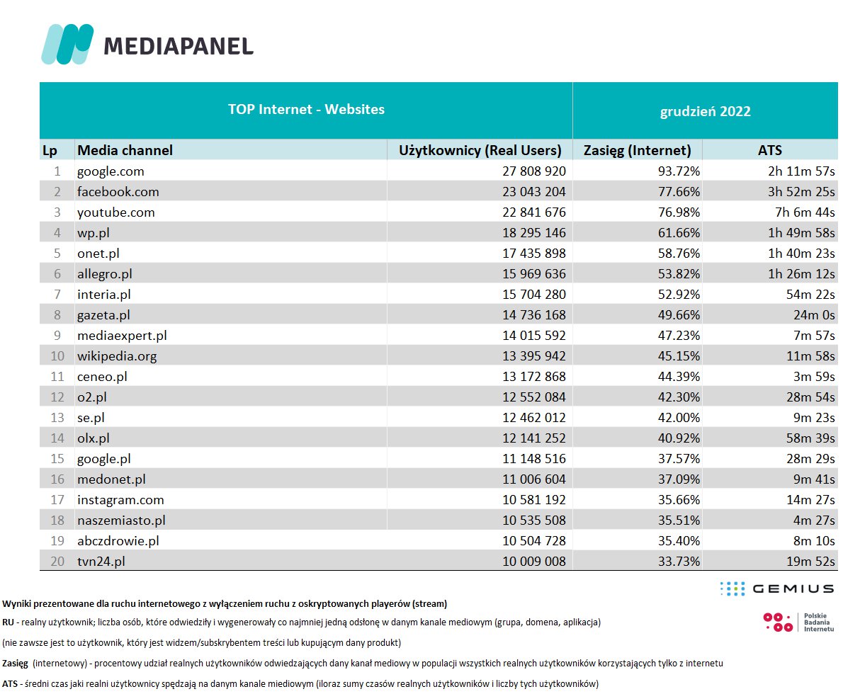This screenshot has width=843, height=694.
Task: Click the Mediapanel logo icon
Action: pyautogui.click(x=67, y=44)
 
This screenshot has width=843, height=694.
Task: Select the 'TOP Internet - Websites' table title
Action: pyautogui.click(x=306, y=110)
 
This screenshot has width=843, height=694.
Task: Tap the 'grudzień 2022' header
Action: pyautogui.click(x=705, y=111)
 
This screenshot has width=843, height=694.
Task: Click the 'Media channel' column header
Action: pyautogui.click(x=125, y=150)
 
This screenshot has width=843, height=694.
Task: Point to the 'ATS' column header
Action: pyautogui.click(x=769, y=150)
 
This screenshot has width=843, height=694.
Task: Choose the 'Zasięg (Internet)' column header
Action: pyautogui.click(x=637, y=150)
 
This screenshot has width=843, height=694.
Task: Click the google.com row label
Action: pyautogui.click(x=111, y=171)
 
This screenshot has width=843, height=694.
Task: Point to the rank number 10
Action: pyautogui.click(x=57, y=356)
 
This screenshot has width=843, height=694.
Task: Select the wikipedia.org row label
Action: pyautogui.click(x=117, y=356)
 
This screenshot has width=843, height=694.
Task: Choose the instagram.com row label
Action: pyautogui.click(x=120, y=500)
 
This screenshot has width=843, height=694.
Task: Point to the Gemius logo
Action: pyautogui.click(x=776, y=588)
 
